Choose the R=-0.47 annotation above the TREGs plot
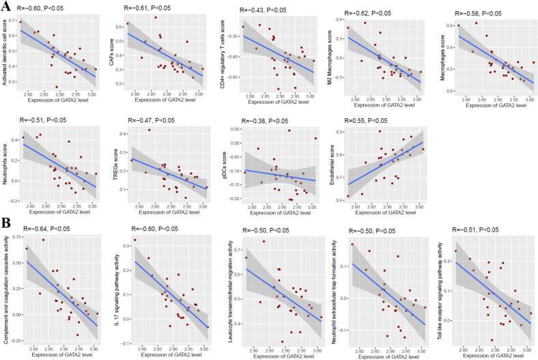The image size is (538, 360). pyautogui.click(x=151, y=120)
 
